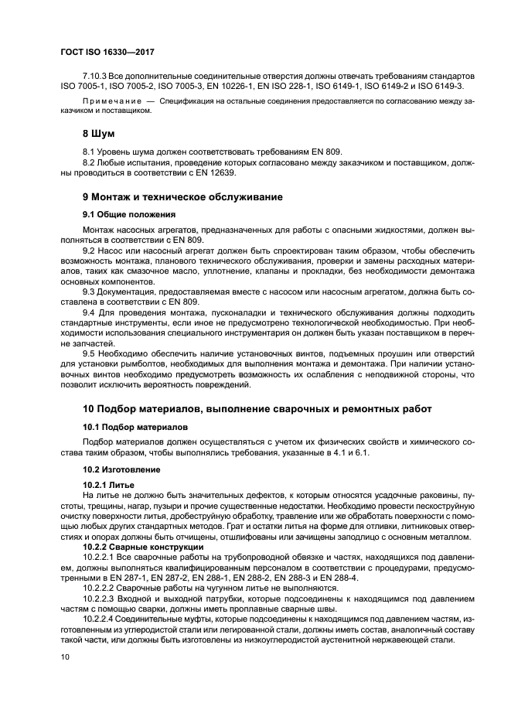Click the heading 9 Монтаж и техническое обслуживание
point(182,197)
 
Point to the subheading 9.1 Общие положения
point(129,214)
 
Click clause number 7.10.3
point(96,77)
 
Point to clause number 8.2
point(90,162)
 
